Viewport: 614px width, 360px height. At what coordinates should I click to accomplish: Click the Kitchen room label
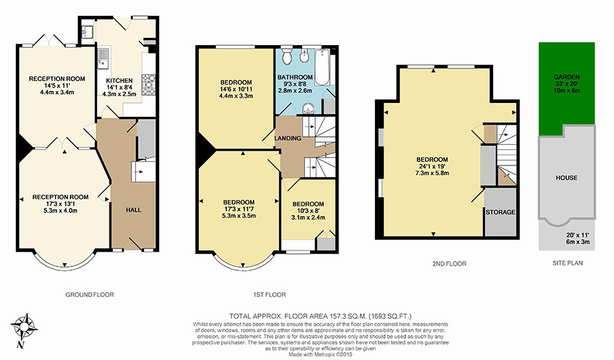pos(119,80)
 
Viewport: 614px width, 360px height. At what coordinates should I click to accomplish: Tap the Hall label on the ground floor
pos(133,210)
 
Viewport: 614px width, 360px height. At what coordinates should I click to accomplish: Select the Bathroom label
pos(295,77)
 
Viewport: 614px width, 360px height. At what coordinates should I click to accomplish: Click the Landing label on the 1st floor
pos(288,138)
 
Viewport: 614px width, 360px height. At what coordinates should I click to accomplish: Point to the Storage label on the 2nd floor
pos(500,213)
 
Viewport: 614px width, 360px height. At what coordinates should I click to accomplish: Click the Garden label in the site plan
pos(567,77)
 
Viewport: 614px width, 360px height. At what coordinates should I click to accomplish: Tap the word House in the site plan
pos(567,178)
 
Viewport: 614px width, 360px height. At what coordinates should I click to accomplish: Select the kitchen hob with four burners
pos(149,84)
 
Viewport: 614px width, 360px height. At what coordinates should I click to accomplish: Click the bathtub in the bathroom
pos(323,67)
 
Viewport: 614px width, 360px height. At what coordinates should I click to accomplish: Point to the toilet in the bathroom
pos(287,56)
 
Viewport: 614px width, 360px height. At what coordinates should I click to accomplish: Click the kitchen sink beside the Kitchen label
pos(104,58)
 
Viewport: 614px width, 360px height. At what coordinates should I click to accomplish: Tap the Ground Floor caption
pos(90,295)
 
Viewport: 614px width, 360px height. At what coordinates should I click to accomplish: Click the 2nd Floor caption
pos(449,264)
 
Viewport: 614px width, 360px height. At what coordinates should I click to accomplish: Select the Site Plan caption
pos(568,263)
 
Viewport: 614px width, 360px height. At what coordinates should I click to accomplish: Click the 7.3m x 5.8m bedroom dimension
pos(432,173)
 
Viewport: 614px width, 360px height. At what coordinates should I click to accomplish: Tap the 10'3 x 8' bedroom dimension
pos(308,211)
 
